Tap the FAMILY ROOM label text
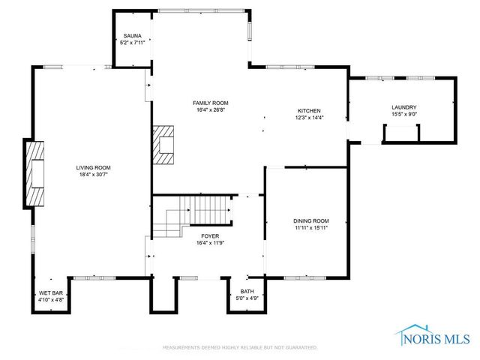click(x=211, y=103)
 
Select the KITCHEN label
click(x=310, y=110)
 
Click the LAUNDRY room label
click(x=403, y=107)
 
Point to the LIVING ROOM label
click(x=93, y=167)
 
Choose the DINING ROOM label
click(x=310, y=220)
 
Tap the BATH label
click(x=247, y=291)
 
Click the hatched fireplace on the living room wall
click(x=36, y=173)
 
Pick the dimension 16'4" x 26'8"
click(x=211, y=109)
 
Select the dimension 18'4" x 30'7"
click(x=93, y=174)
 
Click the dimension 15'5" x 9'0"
click(x=403, y=114)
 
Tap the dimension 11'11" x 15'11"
click(x=310, y=227)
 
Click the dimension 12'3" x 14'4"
click(x=310, y=117)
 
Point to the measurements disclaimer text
click(x=240, y=347)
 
